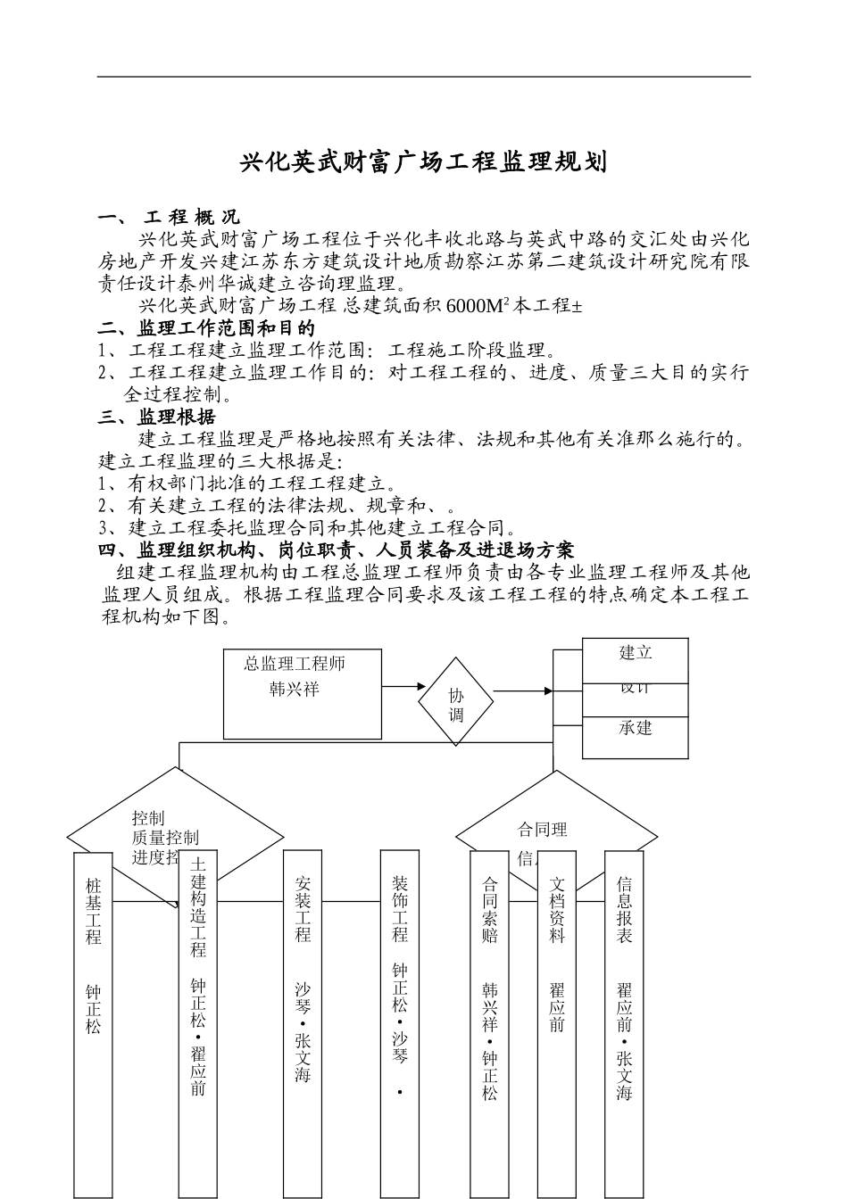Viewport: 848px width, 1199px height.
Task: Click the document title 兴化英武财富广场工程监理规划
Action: point(424,162)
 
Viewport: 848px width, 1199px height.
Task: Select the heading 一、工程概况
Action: point(170,217)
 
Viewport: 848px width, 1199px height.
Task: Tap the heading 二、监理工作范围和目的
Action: point(206,328)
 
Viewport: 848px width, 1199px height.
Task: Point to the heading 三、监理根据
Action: point(157,417)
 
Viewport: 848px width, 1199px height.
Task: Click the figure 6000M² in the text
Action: point(478,306)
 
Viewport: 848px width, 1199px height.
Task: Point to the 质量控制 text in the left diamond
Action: point(165,838)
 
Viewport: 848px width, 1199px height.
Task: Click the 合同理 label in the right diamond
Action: point(543,830)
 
